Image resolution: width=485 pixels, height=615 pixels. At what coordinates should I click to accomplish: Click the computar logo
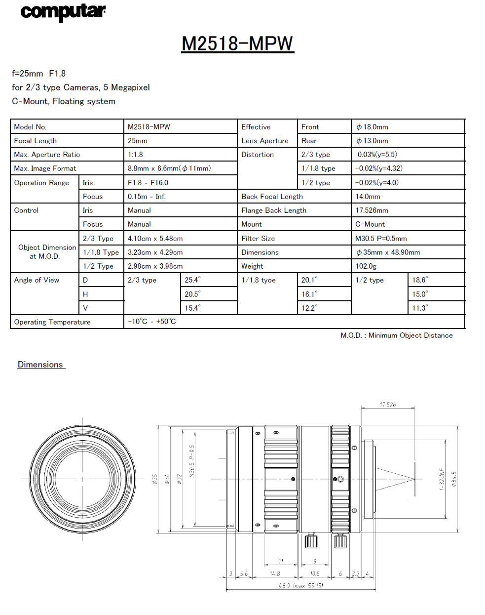pos(63,12)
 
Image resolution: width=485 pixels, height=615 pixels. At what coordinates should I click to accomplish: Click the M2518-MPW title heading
pos(237,43)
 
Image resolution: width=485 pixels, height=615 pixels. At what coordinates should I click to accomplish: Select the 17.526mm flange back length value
pos(372,210)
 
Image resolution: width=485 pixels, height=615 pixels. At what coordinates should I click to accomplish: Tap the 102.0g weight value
pos(366,266)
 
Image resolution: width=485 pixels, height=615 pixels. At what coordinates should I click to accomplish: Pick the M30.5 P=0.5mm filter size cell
pos(381,239)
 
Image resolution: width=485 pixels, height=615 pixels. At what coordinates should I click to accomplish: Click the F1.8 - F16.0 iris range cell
pos(148,183)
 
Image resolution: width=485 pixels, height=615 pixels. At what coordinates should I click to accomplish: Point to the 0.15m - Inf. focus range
pos(147,197)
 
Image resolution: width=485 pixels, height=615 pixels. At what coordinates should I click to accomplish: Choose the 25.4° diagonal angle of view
pos(192,280)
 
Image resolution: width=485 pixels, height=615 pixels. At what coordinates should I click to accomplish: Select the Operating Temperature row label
pos(52,322)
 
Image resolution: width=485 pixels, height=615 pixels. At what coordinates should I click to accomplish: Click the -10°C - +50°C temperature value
pos(151,322)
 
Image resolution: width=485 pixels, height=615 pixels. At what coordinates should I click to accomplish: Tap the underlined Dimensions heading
pos(40,365)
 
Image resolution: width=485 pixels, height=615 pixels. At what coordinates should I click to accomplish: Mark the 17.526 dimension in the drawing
pos(388,405)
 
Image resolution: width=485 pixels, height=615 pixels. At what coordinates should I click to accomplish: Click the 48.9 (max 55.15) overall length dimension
pos(301,586)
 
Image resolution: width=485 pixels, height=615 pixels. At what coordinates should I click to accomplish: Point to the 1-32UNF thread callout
pos(442,479)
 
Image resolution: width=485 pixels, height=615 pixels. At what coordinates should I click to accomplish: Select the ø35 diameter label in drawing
pos(154,479)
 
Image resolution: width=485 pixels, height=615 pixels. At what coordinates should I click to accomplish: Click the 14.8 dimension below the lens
pos(275,574)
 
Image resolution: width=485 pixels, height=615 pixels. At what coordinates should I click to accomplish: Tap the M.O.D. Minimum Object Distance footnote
pos(396,335)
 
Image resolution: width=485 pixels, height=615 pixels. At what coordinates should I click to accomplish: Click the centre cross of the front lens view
pos(82,479)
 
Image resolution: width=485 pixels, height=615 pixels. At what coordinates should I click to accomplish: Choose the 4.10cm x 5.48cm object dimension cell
pos(155,239)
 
